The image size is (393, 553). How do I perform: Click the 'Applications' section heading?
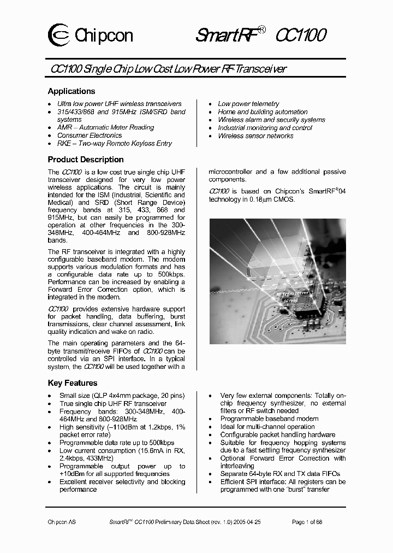tap(72, 91)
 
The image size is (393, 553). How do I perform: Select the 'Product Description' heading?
tap(86, 160)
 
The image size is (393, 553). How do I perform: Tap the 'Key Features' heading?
tap(73, 383)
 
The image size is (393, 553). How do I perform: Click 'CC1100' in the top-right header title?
tap(301, 36)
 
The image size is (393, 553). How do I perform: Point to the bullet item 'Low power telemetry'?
tap(248, 104)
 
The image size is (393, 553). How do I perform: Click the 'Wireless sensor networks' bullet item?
tap(255, 136)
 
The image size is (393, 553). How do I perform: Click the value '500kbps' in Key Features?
tap(162, 443)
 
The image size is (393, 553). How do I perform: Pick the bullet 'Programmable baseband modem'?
tap(269, 419)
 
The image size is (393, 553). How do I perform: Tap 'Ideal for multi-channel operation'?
tap(267, 427)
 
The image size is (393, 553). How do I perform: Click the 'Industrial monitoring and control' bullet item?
tap(265, 128)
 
